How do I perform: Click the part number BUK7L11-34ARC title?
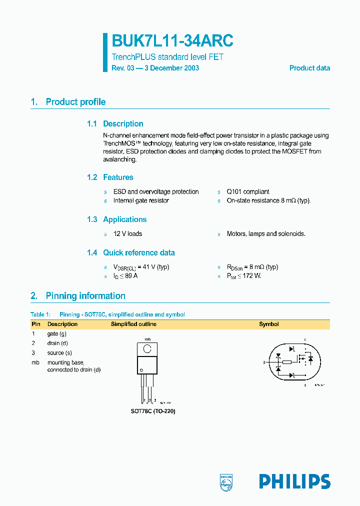(172, 40)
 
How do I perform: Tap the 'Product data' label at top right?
(309, 68)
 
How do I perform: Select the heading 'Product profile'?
(75, 102)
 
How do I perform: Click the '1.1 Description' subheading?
(115, 124)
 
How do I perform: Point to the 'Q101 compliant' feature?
(248, 191)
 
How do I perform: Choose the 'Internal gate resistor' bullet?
(141, 200)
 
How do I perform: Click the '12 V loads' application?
(127, 233)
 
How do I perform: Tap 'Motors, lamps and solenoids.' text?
(266, 233)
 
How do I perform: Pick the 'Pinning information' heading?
(85, 296)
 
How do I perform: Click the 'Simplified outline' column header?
(133, 324)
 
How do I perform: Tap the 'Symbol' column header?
(269, 324)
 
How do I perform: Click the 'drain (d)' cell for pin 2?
(57, 343)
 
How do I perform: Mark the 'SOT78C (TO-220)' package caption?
(153, 411)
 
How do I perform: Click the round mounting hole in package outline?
(147, 348)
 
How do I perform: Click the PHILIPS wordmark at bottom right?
(294, 481)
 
